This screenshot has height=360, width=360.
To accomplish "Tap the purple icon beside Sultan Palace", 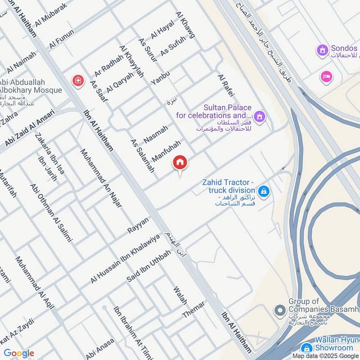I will pyautogui.click(x=259, y=118).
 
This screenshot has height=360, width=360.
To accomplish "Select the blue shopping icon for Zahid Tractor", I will pyautogui.click(x=264, y=192).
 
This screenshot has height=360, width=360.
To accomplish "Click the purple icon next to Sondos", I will pyautogui.click(x=322, y=50).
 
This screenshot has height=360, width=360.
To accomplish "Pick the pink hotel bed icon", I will pyautogui.click(x=327, y=77).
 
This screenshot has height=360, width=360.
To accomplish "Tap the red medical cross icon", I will pyautogui.click(x=78, y=81).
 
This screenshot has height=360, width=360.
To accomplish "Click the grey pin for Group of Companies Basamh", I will pyautogui.click(x=280, y=310).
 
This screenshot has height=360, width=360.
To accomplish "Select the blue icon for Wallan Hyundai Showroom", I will pyautogui.click(x=306, y=348).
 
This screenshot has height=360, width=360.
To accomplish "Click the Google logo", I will pyautogui.click(x=19, y=353).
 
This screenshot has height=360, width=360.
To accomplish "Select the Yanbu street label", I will pyautogui.click(x=160, y=78).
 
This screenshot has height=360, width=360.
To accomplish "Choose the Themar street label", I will pyautogui.click(x=193, y=309).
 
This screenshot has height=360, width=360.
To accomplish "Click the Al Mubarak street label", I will pyautogui.click(x=50, y=14).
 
